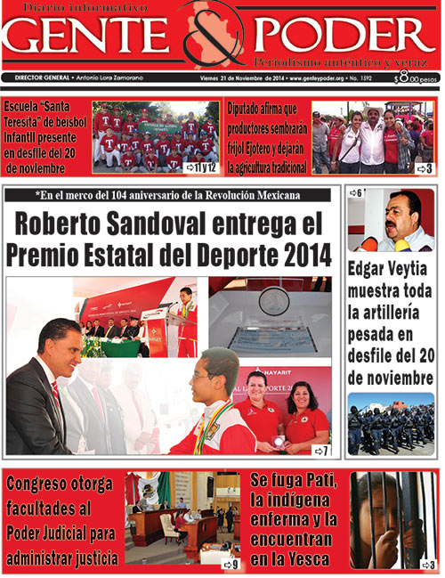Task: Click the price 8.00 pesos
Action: (417, 79)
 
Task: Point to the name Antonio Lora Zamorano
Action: (109, 78)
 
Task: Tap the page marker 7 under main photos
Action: (320, 451)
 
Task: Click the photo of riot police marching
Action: (391, 424)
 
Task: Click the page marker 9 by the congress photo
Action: (231, 564)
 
